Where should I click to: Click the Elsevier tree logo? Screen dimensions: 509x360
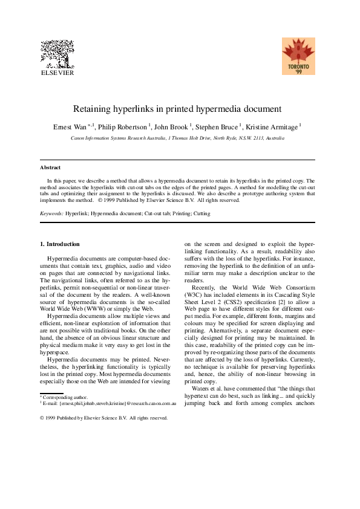tap(56, 54)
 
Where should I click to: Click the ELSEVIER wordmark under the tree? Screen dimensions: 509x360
tap(56, 73)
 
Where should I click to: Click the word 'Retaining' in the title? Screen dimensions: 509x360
tap(92, 109)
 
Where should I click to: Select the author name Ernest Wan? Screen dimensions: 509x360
tap(70, 127)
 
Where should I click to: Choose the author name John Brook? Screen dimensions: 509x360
tap(171, 127)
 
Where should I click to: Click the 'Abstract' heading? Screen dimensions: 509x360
tap(50, 167)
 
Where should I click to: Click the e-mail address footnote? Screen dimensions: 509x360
tap(109, 402)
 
